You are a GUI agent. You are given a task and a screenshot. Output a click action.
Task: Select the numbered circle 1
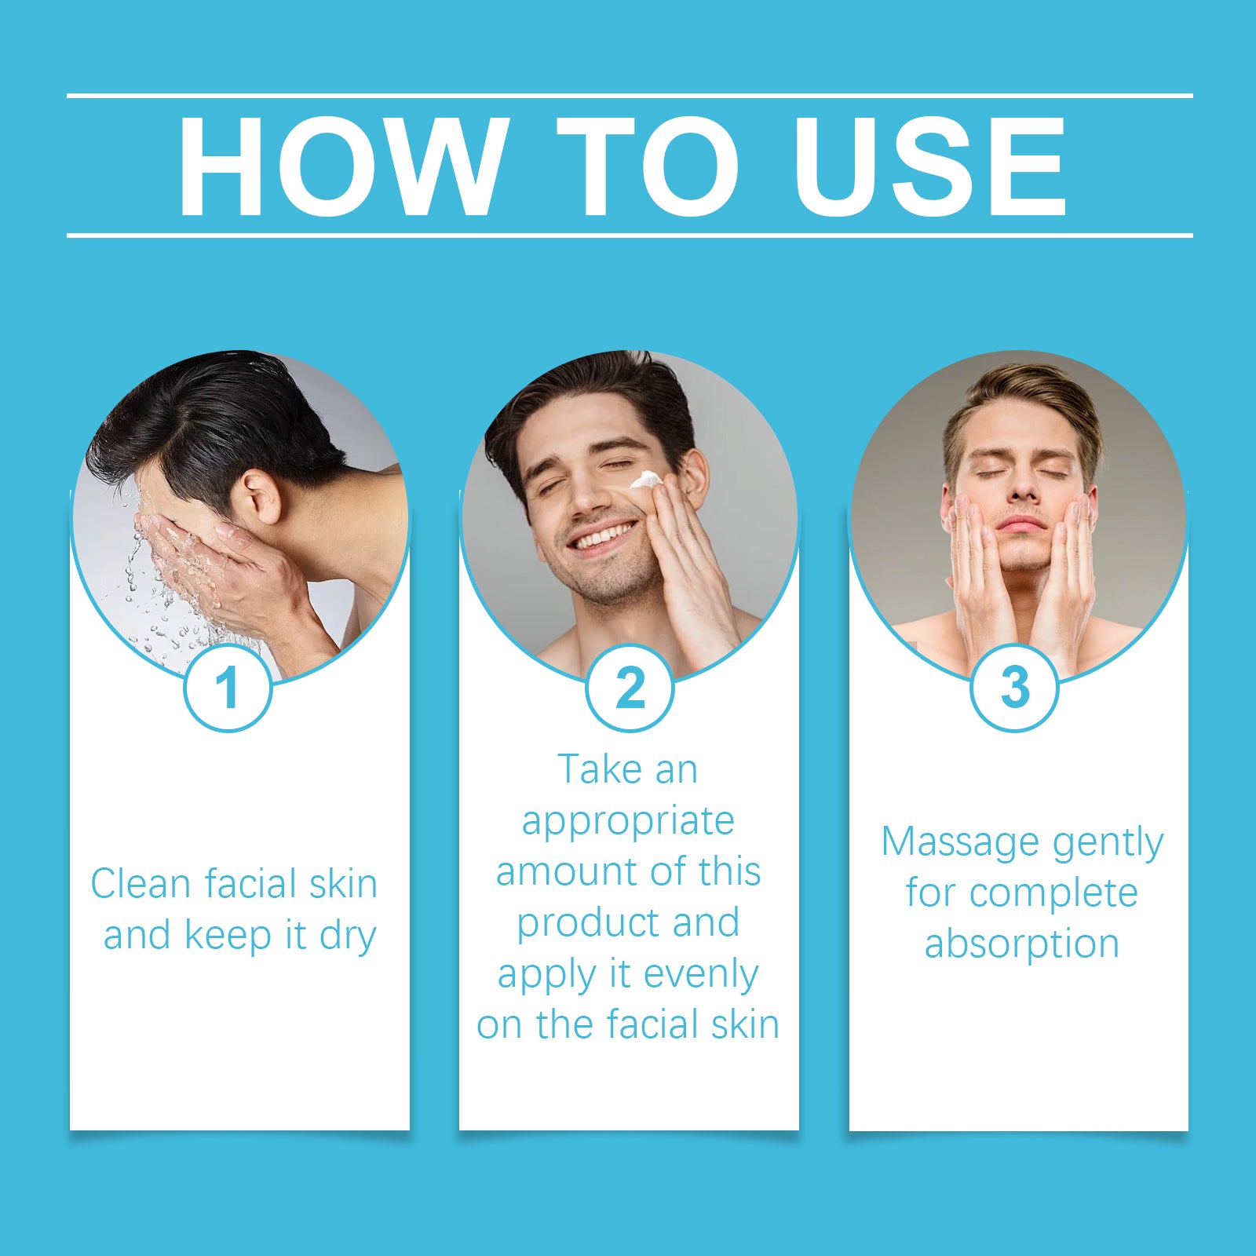click(228, 688)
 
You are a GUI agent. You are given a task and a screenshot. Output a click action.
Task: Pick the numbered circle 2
click(630, 688)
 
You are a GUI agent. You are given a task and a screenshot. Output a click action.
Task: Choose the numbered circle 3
click(1014, 688)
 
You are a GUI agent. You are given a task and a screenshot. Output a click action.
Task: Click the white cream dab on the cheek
click(647, 480)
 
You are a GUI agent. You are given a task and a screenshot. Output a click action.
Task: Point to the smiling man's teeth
click(603, 537)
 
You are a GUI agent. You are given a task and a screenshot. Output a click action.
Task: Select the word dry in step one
click(348, 937)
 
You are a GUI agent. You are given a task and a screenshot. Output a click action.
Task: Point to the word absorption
click(1021, 944)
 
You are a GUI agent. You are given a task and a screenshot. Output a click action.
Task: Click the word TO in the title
click(648, 166)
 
